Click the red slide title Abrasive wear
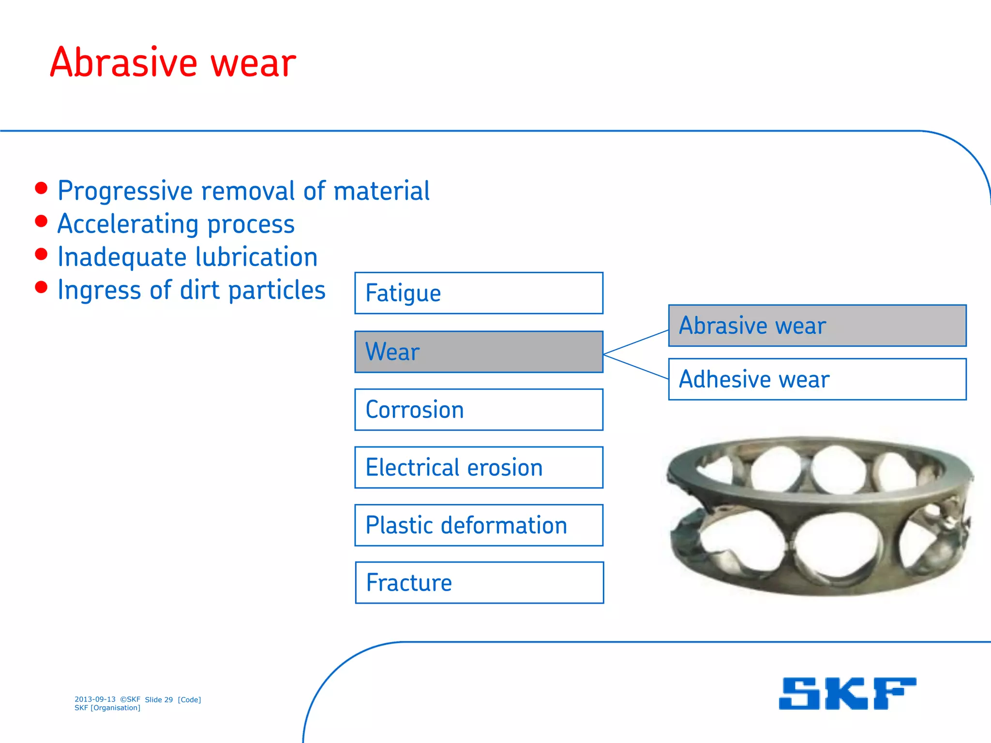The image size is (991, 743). coord(173,63)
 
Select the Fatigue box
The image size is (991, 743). coord(479,293)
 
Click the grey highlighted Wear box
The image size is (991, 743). coord(479,352)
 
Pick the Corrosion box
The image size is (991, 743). coord(479,410)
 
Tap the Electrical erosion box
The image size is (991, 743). coord(479,468)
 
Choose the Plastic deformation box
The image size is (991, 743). coord(479,525)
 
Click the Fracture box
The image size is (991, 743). coord(479,583)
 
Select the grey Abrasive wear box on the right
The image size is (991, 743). coord(817,326)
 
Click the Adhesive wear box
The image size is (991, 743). coord(817,379)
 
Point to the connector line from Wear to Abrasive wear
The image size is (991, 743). coord(636,342)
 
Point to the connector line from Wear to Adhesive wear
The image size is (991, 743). coord(636,367)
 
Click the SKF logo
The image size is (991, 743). coord(847,694)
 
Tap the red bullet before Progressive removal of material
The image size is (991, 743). coord(42,189)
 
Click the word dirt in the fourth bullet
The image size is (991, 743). coord(200,290)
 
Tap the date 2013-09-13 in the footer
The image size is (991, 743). coord(95,699)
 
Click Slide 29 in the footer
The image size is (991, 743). coord(159,699)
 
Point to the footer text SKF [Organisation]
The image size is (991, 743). coord(107,708)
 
